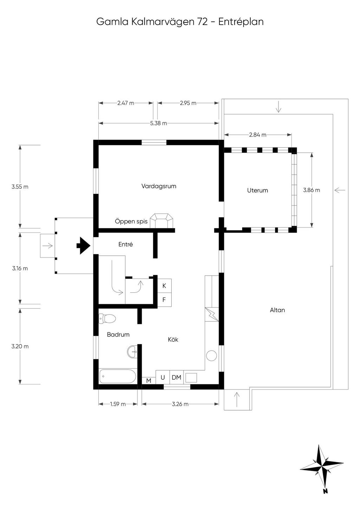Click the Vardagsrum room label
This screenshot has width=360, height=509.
click(159, 186)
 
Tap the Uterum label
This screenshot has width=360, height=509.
click(257, 190)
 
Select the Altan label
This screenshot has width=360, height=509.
click(277, 310)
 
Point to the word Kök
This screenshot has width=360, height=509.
click(173, 339)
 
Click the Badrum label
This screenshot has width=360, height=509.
click(118, 334)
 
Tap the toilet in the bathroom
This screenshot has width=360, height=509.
click(107, 318)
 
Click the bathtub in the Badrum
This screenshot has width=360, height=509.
click(118, 376)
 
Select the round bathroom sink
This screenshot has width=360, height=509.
click(132, 352)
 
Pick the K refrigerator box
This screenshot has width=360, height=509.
click(165, 286)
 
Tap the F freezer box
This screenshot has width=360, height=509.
click(165, 300)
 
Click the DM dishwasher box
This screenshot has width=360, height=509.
click(176, 377)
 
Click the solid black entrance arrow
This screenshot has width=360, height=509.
click(83, 246)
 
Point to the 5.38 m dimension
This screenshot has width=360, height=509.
click(159, 123)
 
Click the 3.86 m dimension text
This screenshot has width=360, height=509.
click(311, 190)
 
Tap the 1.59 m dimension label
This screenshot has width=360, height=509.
click(118, 404)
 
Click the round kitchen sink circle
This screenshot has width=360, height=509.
click(211, 355)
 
